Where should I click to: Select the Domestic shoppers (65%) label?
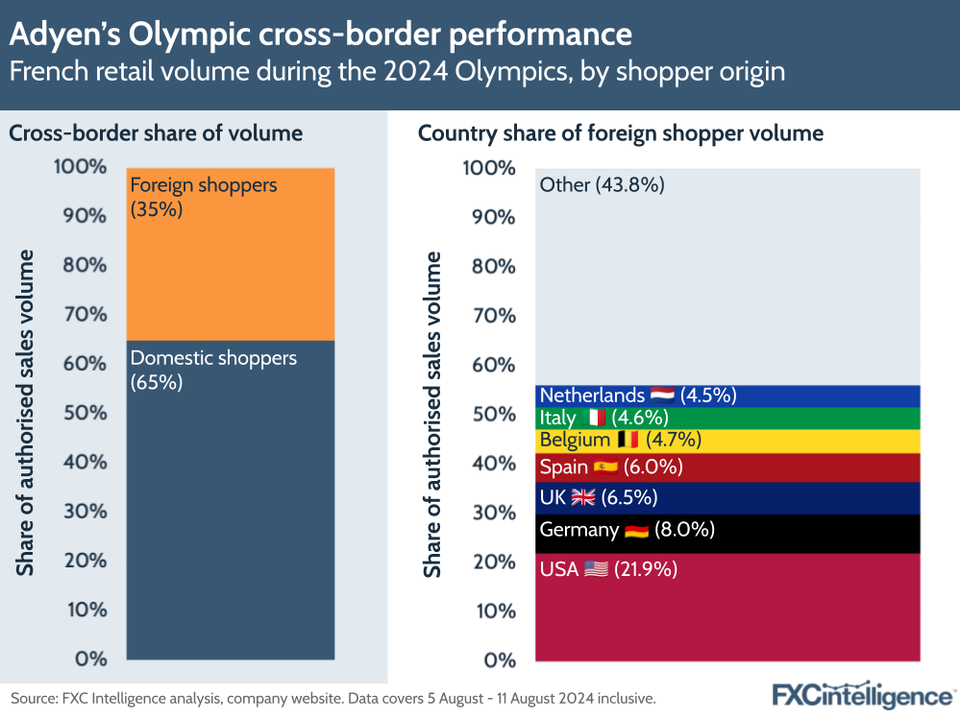point(213,370)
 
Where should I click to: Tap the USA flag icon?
point(596,569)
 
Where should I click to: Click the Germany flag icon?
point(636,530)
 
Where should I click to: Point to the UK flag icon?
point(583,497)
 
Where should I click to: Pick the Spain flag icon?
point(605,467)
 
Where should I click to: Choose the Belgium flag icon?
point(628,441)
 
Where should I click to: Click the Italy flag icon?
point(597,418)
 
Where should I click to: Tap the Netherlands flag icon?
point(662,395)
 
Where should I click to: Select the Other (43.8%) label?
point(602,185)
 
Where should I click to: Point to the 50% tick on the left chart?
point(85,413)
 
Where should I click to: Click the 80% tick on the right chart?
point(492,266)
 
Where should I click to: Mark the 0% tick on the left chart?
point(91,659)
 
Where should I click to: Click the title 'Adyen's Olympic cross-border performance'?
point(320,35)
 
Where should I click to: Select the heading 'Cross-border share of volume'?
point(156,133)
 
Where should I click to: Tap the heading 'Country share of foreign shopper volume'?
point(620,133)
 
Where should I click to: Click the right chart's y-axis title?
point(433,414)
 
